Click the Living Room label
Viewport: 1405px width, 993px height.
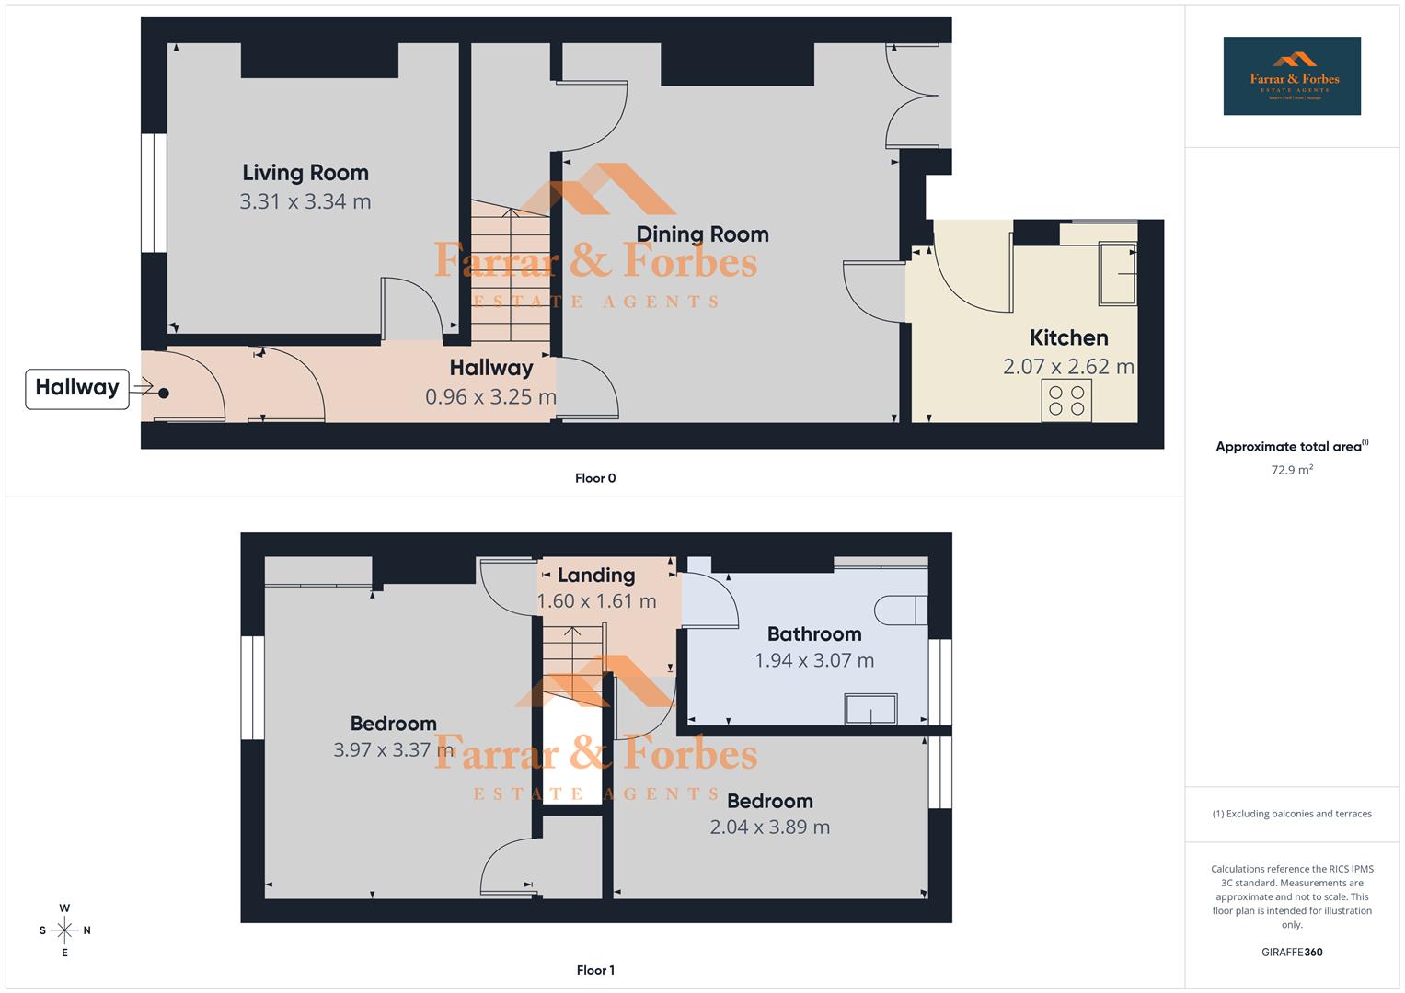(x=305, y=173)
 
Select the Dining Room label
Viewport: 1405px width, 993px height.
(x=702, y=234)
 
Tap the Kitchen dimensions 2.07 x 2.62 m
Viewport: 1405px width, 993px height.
(x=1068, y=367)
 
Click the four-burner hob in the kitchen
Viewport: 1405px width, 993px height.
(x=1066, y=401)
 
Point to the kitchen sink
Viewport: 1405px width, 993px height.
(x=1118, y=274)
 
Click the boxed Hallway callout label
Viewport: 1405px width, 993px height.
(x=77, y=388)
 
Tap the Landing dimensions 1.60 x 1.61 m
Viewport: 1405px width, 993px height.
(x=596, y=601)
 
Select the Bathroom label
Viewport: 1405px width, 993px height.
(x=814, y=634)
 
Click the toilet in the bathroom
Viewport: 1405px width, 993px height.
(x=900, y=609)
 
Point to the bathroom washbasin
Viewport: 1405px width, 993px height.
(x=870, y=709)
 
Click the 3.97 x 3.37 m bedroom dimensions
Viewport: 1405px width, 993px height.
(x=394, y=750)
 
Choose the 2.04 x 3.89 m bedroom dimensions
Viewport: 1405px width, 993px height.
(x=769, y=827)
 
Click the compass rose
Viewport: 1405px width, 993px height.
(x=64, y=930)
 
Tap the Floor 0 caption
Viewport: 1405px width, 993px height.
(x=595, y=478)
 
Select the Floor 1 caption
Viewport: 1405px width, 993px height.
(x=595, y=970)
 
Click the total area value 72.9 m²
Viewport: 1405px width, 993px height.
(x=1292, y=470)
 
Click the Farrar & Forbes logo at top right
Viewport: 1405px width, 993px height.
(x=1292, y=75)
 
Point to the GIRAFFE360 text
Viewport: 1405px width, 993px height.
(x=1292, y=952)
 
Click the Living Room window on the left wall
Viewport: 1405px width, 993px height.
(x=154, y=193)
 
